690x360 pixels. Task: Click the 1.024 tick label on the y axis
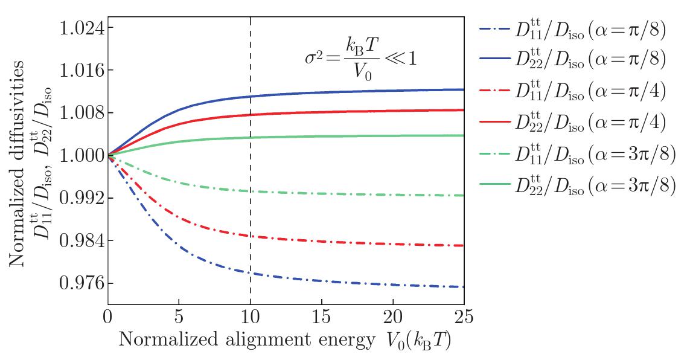(81, 28)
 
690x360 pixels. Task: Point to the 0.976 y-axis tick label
(81, 284)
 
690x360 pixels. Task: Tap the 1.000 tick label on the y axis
(81, 156)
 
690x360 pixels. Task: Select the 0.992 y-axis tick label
(81, 199)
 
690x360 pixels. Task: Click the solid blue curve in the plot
(302, 94)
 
